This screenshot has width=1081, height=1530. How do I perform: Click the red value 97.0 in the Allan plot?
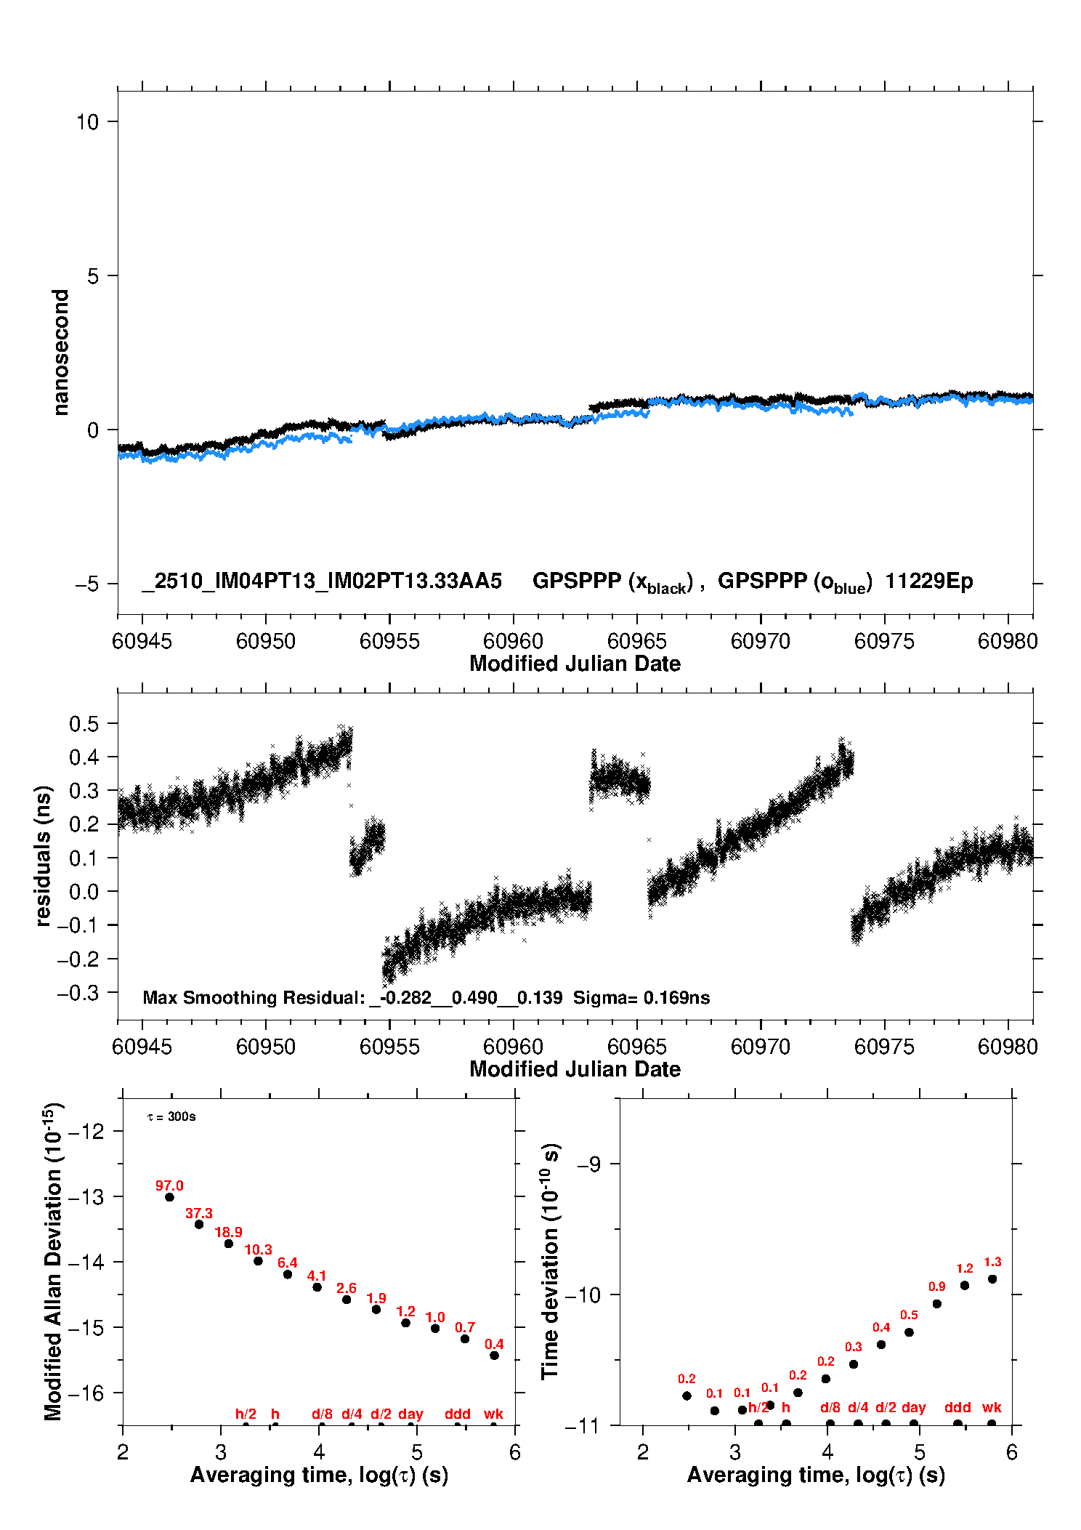point(169,1185)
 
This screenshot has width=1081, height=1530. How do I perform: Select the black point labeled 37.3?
point(199,1224)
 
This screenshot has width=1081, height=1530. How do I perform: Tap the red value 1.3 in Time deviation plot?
point(992,1262)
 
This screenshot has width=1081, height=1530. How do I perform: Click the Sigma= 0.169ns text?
point(641,997)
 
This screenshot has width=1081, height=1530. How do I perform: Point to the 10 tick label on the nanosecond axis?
point(87,121)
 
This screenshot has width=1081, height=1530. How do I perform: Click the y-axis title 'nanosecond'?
point(60,353)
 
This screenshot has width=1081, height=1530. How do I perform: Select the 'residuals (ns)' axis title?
point(43,855)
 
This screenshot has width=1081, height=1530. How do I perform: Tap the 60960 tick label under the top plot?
point(513,641)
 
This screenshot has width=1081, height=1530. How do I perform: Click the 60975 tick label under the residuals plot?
point(884,1047)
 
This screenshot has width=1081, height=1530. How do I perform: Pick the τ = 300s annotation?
point(171,1116)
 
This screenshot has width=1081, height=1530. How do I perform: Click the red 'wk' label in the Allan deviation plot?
point(493,1414)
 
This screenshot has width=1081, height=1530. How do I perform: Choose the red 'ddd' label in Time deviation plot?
point(957,1407)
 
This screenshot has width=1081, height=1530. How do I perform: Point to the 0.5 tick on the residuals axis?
point(84,723)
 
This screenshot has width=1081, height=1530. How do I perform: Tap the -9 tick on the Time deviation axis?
point(588,1164)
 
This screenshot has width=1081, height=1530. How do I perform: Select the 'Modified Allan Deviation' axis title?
point(53,1262)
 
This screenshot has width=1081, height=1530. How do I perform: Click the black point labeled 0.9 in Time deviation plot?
point(937,1304)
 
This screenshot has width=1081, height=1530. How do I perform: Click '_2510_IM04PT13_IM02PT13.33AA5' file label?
point(322,581)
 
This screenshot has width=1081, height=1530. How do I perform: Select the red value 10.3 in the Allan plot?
point(258,1249)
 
